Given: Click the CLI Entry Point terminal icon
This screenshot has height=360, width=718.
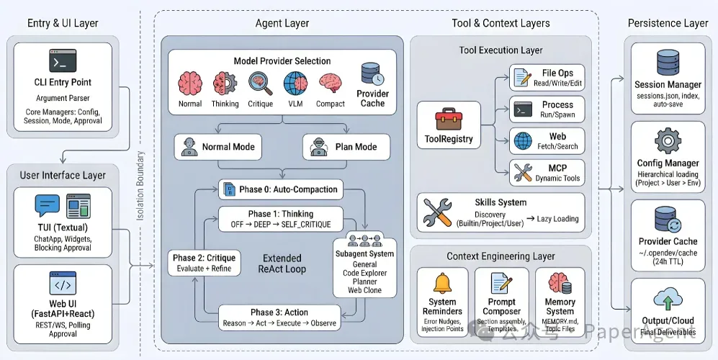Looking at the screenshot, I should [x=63, y=60].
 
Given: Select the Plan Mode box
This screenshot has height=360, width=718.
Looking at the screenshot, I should [x=346, y=147].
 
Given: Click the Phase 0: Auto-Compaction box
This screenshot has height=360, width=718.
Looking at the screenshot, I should [x=280, y=189].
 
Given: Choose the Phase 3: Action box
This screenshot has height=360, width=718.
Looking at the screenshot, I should [x=279, y=318].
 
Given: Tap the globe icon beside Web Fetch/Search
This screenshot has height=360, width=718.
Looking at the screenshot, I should [x=522, y=140].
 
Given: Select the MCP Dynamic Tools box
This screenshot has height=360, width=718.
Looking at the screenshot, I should [x=547, y=173].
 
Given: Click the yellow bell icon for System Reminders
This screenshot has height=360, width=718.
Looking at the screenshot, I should [x=442, y=283].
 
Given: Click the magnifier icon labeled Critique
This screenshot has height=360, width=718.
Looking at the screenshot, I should [x=260, y=84].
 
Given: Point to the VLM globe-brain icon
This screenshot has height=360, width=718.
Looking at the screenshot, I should [x=295, y=84].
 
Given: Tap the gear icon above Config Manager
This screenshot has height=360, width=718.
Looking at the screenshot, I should [x=668, y=142].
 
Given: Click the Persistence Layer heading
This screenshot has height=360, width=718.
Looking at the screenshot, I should [x=668, y=23].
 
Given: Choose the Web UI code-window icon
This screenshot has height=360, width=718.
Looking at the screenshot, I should [x=63, y=283].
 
